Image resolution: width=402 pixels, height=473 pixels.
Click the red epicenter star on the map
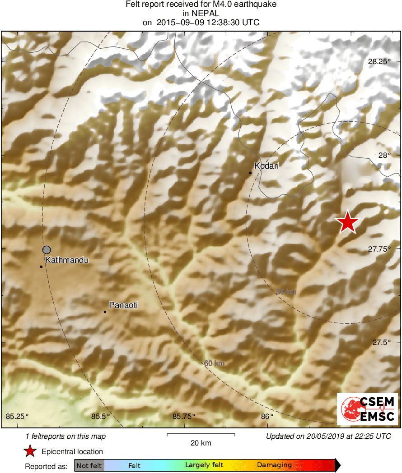click(x=347, y=222)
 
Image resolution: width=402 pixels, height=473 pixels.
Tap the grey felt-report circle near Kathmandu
click(x=47, y=249)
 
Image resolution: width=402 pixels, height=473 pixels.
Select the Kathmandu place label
click(x=66, y=260)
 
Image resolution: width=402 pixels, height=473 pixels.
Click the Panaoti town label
click(x=123, y=305)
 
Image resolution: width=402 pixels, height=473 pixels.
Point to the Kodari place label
click(x=266, y=166)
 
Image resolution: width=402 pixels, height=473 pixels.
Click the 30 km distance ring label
click(x=285, y=292)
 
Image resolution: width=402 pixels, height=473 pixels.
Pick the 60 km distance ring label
click(x=214, y=363)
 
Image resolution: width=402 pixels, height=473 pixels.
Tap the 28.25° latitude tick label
click(x=379, y=62)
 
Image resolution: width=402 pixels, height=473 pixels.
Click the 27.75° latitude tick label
click(x=379, y=249)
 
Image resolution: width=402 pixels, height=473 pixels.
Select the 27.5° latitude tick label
click(x=382, y=342)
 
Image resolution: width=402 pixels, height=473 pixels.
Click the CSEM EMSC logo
click(x=368, y=409)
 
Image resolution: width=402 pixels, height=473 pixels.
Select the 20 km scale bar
click(x=201, y=435)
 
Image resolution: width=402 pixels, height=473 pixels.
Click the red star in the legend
click(x=30, y=451)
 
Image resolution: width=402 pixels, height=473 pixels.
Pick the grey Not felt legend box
click(x=89, y=465)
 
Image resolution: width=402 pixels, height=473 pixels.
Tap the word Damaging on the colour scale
click(x=275, y=465)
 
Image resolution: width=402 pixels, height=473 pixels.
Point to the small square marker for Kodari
click(x=250, y=173)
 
